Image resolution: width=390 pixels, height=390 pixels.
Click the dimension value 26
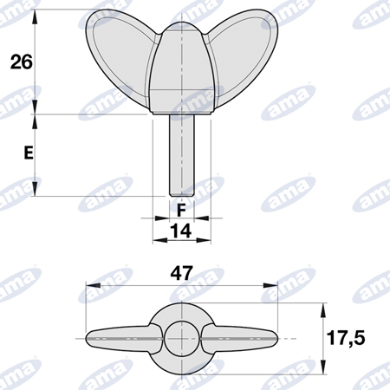(x=22, y=62)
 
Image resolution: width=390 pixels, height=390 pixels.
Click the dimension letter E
(x=29, y=153)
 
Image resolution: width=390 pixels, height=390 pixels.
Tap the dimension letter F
(x=181, y=210)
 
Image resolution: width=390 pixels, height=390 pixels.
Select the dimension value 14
(x=181, y=231)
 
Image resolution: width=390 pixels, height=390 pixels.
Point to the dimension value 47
(x=181, y=273)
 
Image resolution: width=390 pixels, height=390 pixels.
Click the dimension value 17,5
(x=346, y=338)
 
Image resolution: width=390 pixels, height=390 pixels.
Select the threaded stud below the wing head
(x=182, y=155)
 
